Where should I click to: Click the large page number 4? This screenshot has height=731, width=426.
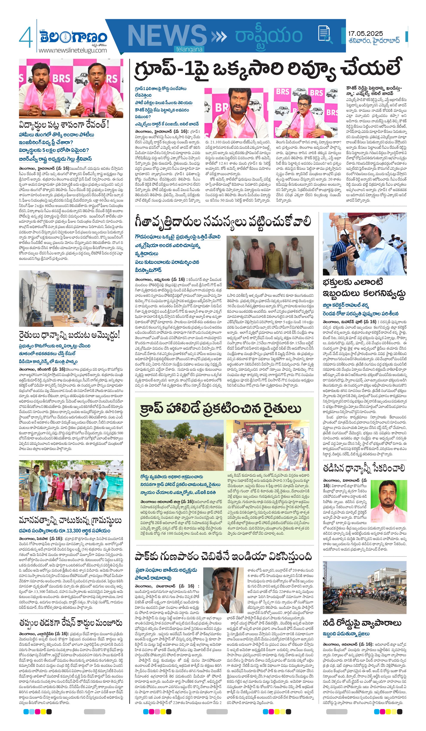(26, 37)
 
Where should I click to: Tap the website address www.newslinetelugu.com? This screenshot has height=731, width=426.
(73, 50)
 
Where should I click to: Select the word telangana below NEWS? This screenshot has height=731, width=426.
(189, 49)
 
